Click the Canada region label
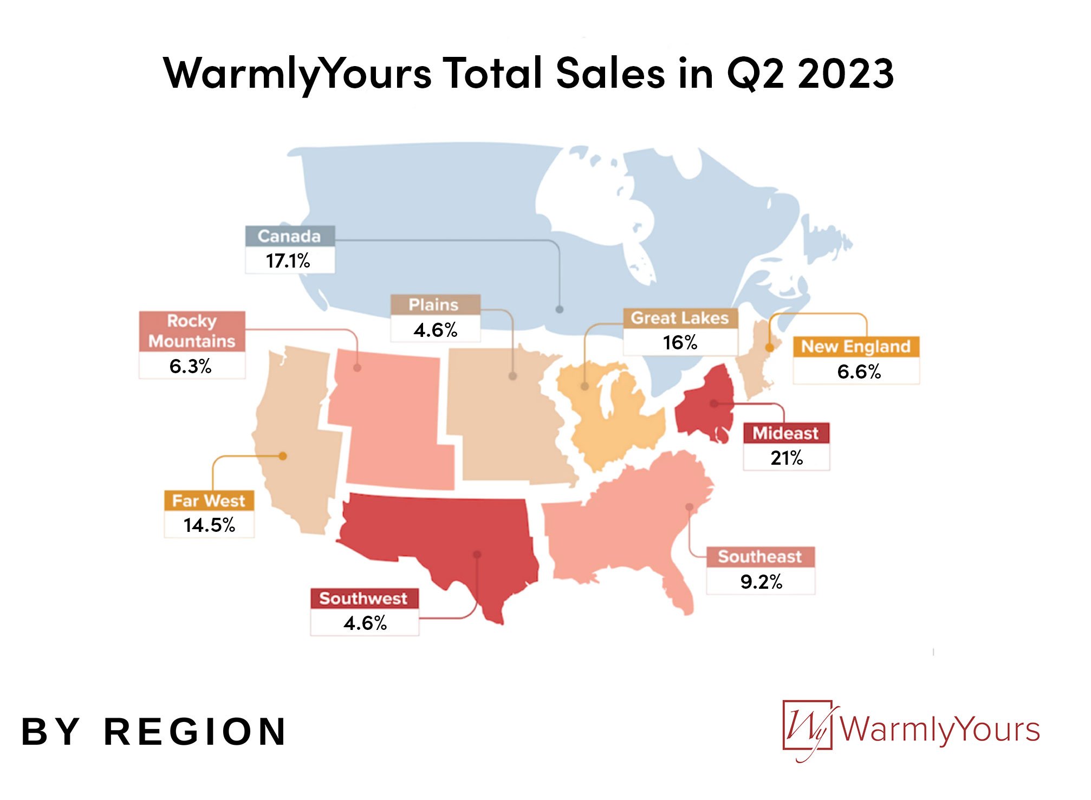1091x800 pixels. (x=290, y=236)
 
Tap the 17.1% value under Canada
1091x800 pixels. (x=288, y=261)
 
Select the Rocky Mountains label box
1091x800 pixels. (x=192, y=331)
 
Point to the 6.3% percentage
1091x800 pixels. (x=190, y=367)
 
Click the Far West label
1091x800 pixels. (x=209, y=500)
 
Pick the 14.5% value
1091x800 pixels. (x=209, y=525)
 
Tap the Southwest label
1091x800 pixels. (x=364, y=599)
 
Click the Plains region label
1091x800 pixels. (x=434, y=305)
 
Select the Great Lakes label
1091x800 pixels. (x=680, y=318)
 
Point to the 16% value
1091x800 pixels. (x=680, y=343)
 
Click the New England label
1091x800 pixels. (x=856, y=347)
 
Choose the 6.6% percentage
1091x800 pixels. (x=859, y=372)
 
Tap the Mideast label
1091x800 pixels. (x=786, y=433)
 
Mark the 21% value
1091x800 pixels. (x=787, y=458)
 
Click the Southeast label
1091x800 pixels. (x=761, y=557)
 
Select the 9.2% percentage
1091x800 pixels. (x=761, y=582)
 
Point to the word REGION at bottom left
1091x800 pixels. (x=195, y=732)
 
